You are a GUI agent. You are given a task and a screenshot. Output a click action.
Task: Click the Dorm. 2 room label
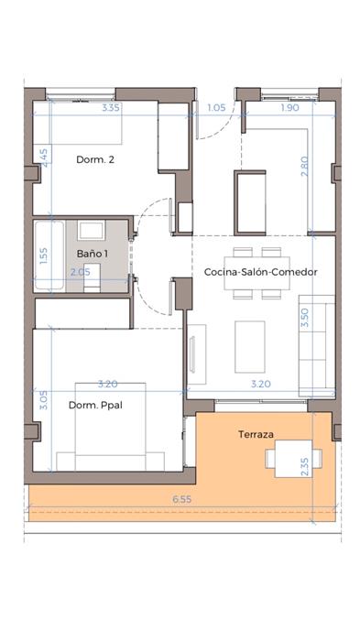[95, 159]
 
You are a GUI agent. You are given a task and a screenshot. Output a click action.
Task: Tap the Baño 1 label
[93, 254]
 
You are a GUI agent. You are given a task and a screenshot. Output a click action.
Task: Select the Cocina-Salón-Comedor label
[260, 272]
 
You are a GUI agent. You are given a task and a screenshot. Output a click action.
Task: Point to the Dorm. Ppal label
[96, 406]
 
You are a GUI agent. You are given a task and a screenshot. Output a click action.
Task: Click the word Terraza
[256, 435]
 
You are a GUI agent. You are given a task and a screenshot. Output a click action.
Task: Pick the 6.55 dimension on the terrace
[181, 499]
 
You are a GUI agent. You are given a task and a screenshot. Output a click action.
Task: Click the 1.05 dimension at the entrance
[216, 108]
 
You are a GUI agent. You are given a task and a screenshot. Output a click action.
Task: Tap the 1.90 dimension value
[290, 108]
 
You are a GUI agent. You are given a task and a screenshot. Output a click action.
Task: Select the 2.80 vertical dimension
[305, 167]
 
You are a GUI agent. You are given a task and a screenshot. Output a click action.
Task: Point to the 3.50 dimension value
[305, 318]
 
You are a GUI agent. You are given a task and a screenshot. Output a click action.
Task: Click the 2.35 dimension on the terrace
[305, 466]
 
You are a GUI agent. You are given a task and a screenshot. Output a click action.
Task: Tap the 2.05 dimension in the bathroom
[81, 272]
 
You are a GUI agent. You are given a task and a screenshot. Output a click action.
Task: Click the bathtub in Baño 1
[49, 255]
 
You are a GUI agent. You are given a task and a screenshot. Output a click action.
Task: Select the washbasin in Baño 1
[92, 231]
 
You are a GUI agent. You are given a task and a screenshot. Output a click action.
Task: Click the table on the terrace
[293, 459]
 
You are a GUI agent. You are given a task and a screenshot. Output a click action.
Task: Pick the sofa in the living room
[317, 345]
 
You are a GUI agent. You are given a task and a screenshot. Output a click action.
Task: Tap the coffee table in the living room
[249, 347]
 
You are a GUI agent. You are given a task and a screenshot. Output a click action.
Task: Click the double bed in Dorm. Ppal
[111, 427]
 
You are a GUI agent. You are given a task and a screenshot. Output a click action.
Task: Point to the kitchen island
[250, 202]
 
